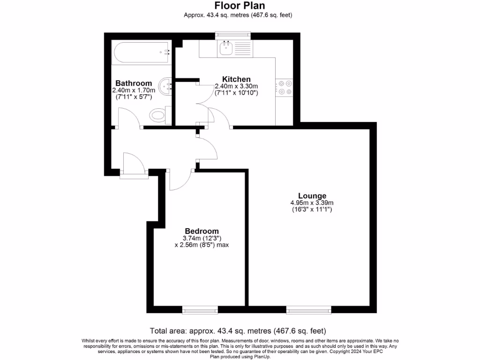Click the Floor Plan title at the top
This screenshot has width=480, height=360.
pos(240,6)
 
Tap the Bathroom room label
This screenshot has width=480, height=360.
pos(134,83)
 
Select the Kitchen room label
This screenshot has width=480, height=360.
pos(236,79)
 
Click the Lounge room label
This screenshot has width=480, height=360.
pos(312,195)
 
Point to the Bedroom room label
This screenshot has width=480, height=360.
pos(202,231)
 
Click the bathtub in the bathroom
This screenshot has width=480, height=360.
pos(141,52)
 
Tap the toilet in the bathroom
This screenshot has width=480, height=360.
pos(158,114)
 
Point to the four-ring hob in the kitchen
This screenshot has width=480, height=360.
pos(285,88)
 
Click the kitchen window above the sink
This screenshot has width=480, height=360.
pos(233,35)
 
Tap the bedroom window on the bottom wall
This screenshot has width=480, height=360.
pos(200,309)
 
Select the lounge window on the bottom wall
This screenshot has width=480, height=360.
pos(308,309)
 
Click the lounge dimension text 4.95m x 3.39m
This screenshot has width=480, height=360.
pos(312,203)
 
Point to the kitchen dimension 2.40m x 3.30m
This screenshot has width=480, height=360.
pos(236,86)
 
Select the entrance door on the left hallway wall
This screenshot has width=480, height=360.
pos(135,164)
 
